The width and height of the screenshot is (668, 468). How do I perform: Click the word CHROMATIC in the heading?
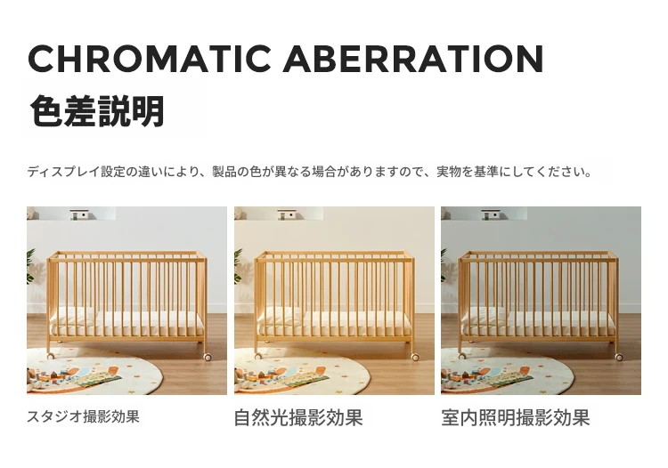tap(149, 59)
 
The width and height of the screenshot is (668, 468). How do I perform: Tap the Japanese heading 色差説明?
tap(97, 111)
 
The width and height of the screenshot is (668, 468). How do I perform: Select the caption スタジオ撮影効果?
tap(83, 416)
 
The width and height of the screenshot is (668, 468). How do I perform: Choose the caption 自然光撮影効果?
tap(298, 417)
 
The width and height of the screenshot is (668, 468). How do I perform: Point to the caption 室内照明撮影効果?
tap(516, 417)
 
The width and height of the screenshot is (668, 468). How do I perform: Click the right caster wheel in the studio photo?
tap(208, 357)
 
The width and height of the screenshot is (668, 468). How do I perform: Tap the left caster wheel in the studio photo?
tap(51, 356)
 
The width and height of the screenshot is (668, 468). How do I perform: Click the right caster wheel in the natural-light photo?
tap(415, 357)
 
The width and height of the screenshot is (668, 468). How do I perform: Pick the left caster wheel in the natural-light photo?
tap(258, 356)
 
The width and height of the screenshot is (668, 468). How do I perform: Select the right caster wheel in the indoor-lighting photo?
tap(619, 357)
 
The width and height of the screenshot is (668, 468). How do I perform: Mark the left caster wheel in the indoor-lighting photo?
tap(462, 356)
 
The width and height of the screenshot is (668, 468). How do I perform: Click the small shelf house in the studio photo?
tap(79, 214)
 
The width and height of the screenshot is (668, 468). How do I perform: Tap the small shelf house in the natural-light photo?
tap(286, 214)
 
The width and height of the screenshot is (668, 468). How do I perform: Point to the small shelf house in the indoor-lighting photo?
tap(491, 214)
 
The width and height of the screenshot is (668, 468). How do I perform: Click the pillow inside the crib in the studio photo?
tap(73, 315)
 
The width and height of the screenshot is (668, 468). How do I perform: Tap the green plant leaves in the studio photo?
tap(30, 266)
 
